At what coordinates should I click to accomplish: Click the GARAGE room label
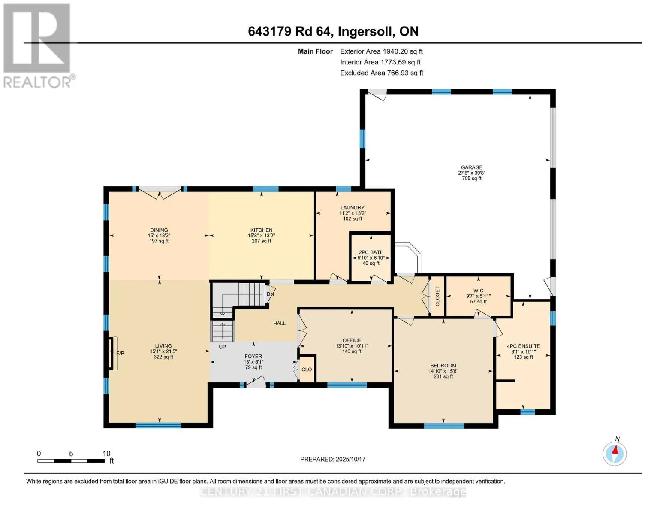[472, 167]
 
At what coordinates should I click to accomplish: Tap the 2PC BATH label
[371, 252]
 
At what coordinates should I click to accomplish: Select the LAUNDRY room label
[353, 208]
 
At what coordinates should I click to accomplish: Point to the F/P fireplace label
[120, 353]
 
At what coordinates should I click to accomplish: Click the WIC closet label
[479, 291]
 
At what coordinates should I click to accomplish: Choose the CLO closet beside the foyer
[307, 370]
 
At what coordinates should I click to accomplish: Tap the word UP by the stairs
[222, 347]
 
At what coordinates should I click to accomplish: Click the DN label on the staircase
[270, 294]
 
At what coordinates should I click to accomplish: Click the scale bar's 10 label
[106, 454]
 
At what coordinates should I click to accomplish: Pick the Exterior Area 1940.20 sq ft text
[381, 51]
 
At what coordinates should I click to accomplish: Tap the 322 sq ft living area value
[163, 357]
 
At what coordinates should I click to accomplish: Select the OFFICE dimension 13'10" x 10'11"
[352, 346]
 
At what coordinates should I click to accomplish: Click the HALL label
[279, 323]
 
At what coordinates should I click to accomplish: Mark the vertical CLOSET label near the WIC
[437, 296]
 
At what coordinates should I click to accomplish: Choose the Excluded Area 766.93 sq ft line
[382, 73]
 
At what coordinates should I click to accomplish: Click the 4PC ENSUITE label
[524, 346]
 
